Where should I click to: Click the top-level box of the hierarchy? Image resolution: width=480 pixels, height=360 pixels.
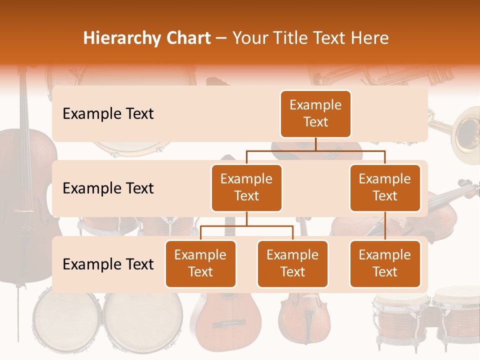tap(315, 114)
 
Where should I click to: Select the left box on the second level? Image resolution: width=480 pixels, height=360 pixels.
tap(246, 187)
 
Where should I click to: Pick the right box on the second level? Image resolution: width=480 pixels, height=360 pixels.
tap(385, 187)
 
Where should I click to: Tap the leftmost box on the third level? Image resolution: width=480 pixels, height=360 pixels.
tap(200, 263)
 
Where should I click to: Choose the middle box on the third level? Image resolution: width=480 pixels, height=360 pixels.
tap(292, 263)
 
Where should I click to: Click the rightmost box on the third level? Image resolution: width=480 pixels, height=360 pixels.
tap(385, 263)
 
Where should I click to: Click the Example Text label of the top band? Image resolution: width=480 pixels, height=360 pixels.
tap(108, 114)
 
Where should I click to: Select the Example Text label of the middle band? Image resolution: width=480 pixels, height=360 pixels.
tap(108, 188)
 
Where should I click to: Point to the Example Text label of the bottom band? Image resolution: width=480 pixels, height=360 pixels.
tap(108, 264)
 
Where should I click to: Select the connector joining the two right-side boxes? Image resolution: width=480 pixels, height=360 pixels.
tap(385, 226)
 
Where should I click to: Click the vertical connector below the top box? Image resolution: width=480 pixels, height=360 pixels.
tap(315, 143)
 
